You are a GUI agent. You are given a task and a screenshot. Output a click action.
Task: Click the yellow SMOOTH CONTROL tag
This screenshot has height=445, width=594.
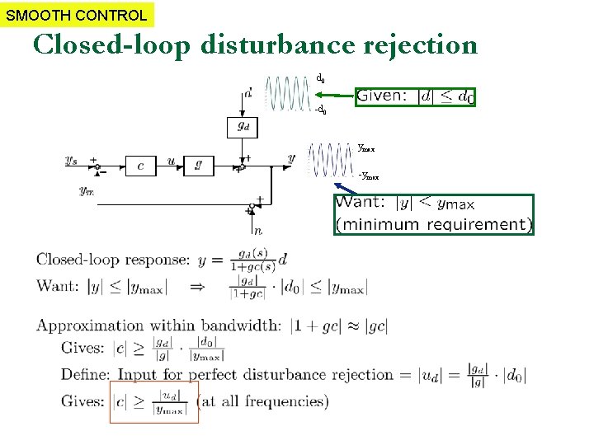(x=77, y=14)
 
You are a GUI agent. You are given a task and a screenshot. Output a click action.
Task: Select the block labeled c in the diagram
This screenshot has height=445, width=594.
(x=140, y=165)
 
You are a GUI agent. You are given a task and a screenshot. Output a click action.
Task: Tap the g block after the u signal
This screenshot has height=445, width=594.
(x=198, y=165)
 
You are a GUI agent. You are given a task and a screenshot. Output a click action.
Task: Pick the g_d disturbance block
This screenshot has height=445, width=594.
(x=243, y=127)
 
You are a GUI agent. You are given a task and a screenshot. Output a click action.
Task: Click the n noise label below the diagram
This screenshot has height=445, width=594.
(x=257, y=232)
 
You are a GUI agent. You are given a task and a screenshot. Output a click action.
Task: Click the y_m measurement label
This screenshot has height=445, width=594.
(x=86, y=191)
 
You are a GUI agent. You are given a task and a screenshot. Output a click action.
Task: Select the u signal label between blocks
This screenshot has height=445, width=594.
(x=170, y=160)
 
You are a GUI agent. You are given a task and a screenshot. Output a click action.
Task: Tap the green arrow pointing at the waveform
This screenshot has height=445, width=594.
(x=335, y=96)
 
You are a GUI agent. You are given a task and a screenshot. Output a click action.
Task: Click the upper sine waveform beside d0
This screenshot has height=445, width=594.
(x=289, y=92)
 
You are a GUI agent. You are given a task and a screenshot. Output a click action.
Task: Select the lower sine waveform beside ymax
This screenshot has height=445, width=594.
(x=329, y=160)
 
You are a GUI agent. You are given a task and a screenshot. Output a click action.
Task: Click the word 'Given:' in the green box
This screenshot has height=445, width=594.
(x=382, y=96)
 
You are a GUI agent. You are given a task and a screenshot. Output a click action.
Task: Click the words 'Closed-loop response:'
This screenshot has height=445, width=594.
(x=112, y=260)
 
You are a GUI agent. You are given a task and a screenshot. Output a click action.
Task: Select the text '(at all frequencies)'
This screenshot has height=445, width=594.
(x=262, y=401)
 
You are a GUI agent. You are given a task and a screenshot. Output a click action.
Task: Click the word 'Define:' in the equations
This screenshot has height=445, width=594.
(x=85, y=374)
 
